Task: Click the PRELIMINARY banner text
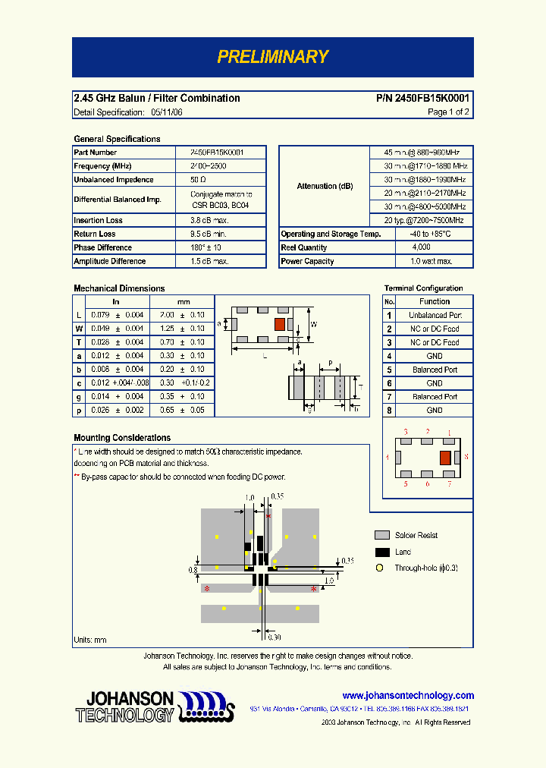coord(272,57)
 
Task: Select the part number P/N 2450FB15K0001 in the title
coord(422,98)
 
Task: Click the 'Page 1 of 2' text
coord(448,112)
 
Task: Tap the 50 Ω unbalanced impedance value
coord(199,180)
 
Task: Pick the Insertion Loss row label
coord(98,220)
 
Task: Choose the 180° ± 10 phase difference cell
coord(206,247)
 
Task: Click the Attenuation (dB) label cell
coord(325,186)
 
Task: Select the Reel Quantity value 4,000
coord(421,247)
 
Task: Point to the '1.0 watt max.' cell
coord(431,261)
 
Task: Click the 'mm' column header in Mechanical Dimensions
coord(184,302)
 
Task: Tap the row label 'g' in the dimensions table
coord(79,397)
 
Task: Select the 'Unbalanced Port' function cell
coord(435,315)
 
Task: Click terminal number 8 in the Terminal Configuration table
coord(389,411)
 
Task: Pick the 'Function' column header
coord(435,301)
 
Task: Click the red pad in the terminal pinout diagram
coord(445,457)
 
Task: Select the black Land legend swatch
coord(382,552)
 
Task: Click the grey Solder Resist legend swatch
coord(382,535)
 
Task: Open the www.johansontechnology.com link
coord(408,695)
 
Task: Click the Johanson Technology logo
coord(151,707)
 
